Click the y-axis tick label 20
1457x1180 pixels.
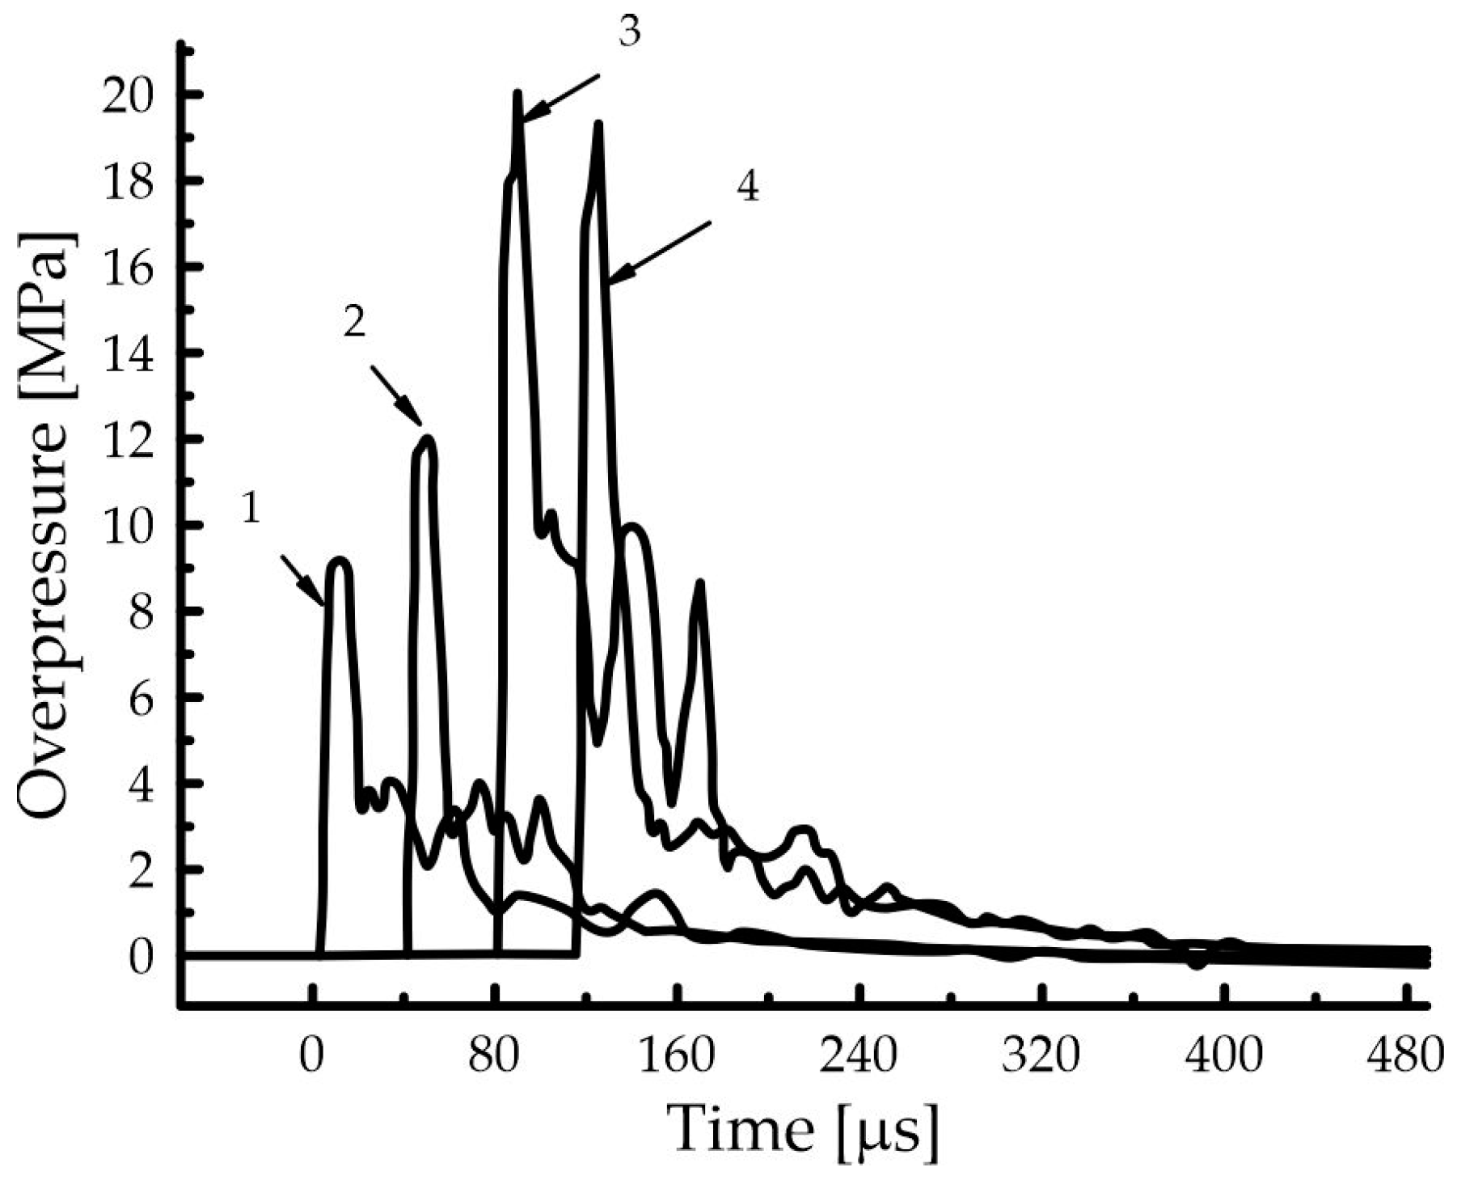pyautogui.click(x=129, y=95)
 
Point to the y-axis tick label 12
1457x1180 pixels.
pyautogui.click(x=129, y=439)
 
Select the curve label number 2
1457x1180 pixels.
pyautogui.click(x=354, y=322)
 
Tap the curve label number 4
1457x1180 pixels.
pyautogui.click(x=747, y=188)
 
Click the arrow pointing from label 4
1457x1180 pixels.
pyautogui.click(x=659, y=252)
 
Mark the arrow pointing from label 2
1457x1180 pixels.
pyautogui.click(x=396, y=396)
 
